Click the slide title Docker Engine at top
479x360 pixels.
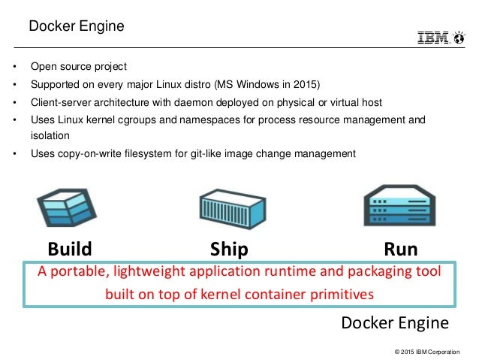point(76,27)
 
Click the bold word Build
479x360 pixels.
point(70,249)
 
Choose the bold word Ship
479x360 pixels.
point(229,249)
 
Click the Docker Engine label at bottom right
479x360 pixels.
point(395,323)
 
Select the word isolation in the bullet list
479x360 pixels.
point(50,136)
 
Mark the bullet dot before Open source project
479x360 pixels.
point(15,66)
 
